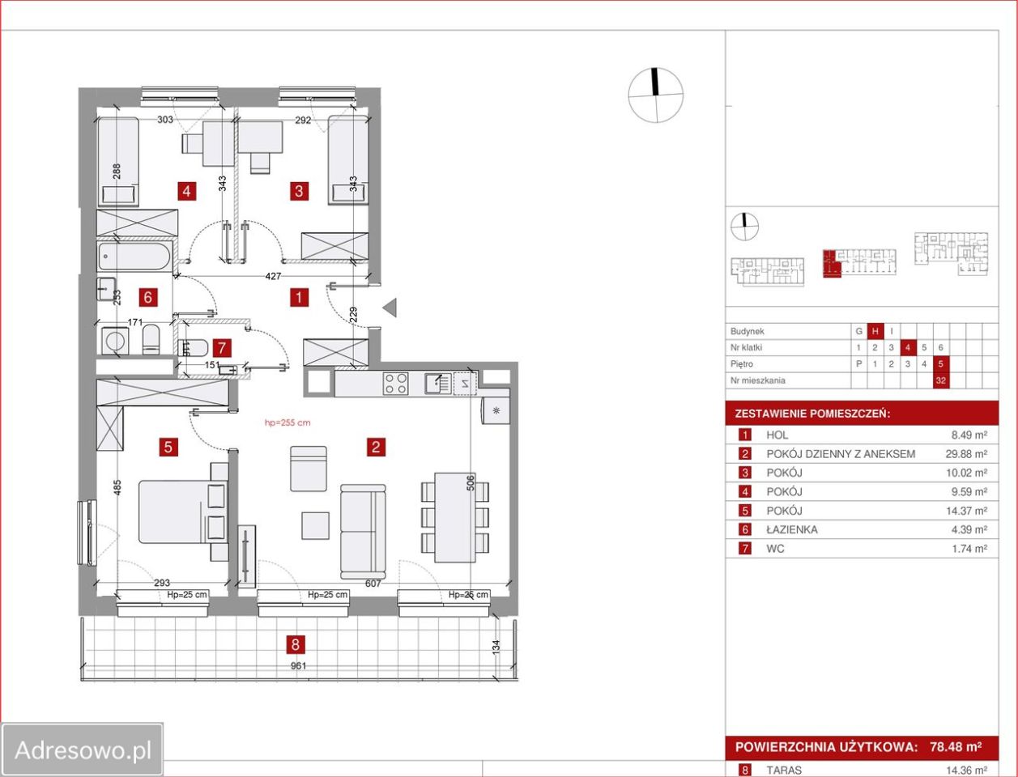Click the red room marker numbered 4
[186, 191]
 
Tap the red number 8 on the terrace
[296, 644]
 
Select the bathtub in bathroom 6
[134, 257]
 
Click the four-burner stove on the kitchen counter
[395, 384]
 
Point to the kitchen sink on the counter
[437, 384]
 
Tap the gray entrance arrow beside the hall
[390, 308]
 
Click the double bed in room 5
[183, 512]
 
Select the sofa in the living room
[363, 532]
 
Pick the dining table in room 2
[455, 517]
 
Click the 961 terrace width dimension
[298, 666]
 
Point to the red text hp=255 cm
[288, 422]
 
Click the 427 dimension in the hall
[273, 276]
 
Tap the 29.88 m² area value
[966, 453]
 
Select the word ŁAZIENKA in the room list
[792, 529]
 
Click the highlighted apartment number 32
[940, 381]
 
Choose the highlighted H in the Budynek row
[875, 331]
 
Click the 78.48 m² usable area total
[956, 747]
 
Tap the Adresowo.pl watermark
[83, 749]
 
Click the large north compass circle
[656, 96]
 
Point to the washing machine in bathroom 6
[114, 341]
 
